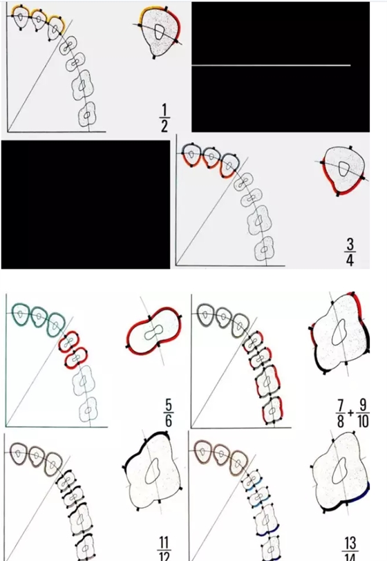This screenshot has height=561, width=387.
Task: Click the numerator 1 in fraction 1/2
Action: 164,111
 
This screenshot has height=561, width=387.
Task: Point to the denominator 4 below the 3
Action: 350,259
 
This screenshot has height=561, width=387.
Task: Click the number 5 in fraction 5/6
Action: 168,403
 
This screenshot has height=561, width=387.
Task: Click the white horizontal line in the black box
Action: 271,65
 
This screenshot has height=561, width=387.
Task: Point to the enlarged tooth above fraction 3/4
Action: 343,169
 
